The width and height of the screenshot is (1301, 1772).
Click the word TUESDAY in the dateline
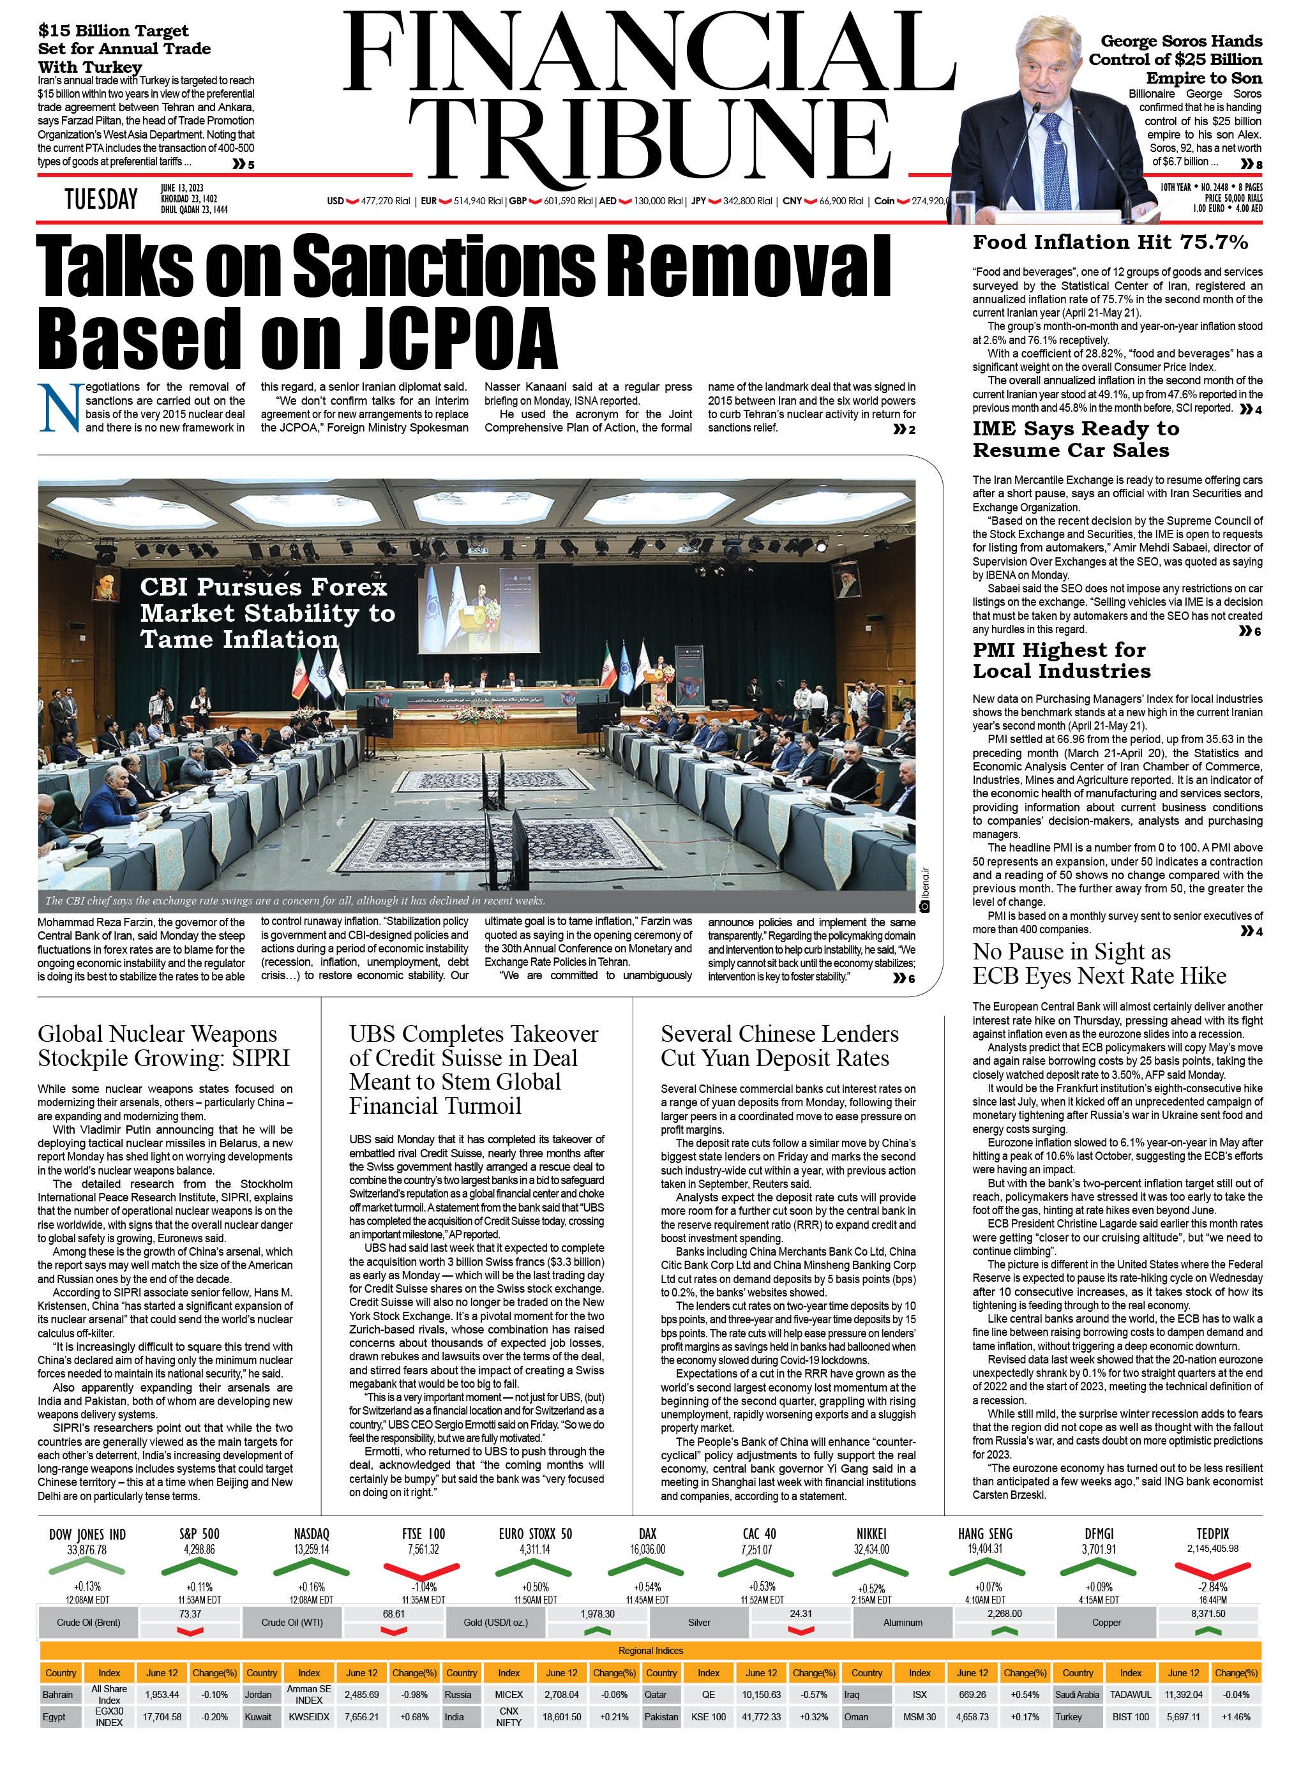(101, 199)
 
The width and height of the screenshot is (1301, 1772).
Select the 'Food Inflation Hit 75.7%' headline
(1110, 243)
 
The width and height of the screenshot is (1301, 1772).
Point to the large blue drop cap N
(60, 407)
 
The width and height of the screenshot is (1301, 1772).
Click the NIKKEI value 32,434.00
(871, 1549)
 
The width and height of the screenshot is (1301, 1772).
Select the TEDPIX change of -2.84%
(1212, 1587)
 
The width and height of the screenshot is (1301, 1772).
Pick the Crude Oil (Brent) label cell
(88, 1623)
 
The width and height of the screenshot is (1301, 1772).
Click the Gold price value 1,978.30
(597, 1614)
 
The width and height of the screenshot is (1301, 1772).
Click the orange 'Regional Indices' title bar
(650, 1650)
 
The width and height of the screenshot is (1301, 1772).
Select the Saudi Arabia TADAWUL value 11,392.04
(1184, 1694)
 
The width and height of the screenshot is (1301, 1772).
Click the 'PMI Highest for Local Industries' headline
(1061, 660)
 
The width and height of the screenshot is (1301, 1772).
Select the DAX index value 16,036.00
(647, 1549)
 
